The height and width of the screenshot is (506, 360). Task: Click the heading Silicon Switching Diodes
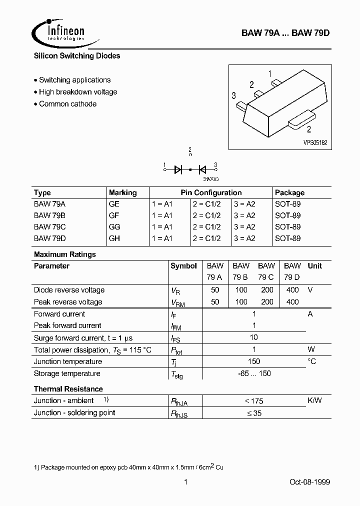(77, 56)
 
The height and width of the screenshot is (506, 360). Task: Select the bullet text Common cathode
(67, 104)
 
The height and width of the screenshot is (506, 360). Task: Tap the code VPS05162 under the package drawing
(315, 142)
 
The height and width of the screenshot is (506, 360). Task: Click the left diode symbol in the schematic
(178, 169)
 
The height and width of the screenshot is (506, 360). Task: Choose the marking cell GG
(114, 226)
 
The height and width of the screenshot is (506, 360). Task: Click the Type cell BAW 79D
(49, 238)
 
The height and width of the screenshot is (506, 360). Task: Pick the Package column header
(289, 192)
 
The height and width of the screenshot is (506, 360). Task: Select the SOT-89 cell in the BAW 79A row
(287, 204)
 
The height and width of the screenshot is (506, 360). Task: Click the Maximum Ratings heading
(65, 254)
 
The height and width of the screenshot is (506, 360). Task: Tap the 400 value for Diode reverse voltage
(292, 290)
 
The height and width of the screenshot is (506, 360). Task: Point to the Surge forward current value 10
(254, 337)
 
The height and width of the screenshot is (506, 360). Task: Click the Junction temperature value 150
(254, 361)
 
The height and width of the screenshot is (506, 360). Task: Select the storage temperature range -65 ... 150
(254, 373)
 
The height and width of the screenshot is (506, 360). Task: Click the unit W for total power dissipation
(311, 349)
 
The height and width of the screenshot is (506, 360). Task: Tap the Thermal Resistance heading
(68, 389)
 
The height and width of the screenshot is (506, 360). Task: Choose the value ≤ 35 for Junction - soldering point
(254, 413)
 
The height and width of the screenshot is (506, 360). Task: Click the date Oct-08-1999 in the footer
(309, 482)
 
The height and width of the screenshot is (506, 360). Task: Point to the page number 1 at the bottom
(185, 482)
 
